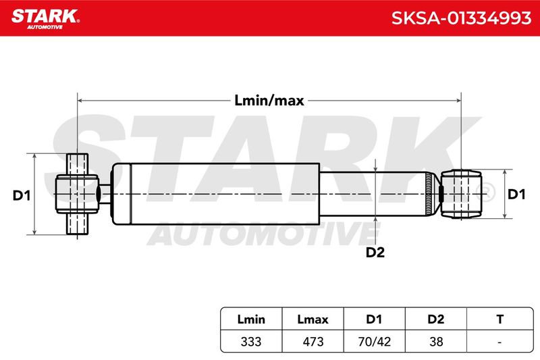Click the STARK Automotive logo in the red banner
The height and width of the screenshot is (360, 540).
[45, 19]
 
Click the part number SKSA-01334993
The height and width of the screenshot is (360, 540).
[461, 18]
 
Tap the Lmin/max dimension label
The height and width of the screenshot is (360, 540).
[269, 101]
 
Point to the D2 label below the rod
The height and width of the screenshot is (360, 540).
[375, 253]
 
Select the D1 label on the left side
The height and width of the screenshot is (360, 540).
[22, 196]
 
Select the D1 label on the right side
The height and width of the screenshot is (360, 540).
[516, 195]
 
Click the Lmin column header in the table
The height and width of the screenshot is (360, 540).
[251, 319]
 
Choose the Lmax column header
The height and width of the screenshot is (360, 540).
[313, 319]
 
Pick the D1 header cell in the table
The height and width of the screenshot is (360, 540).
[374, 319]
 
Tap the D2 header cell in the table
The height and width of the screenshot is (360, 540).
[435, 319]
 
